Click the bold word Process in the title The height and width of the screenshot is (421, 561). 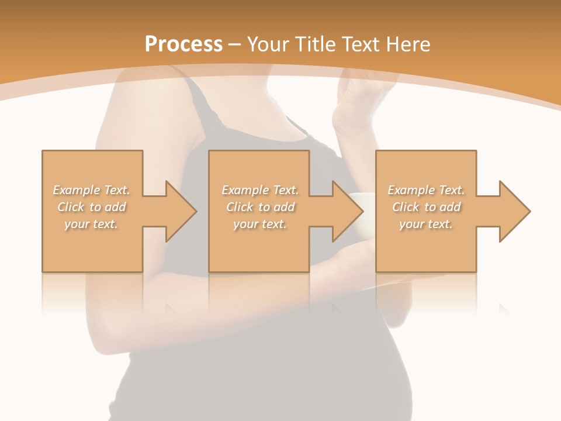tap(183, 44)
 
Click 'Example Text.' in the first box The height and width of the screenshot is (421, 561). tap(91, 190)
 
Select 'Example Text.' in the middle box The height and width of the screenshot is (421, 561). tap(259, 190)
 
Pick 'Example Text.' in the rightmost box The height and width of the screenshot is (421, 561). tap(426, 190)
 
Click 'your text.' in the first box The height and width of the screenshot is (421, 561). tap(91, 224)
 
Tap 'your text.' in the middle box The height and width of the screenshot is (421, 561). tap(259, 224)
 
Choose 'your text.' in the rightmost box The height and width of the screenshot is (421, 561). tap(426, 224)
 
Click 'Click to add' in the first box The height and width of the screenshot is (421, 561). tap(91, 207)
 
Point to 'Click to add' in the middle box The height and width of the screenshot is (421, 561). tap(259, 207)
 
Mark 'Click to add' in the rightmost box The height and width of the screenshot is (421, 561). tap(426, 207)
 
